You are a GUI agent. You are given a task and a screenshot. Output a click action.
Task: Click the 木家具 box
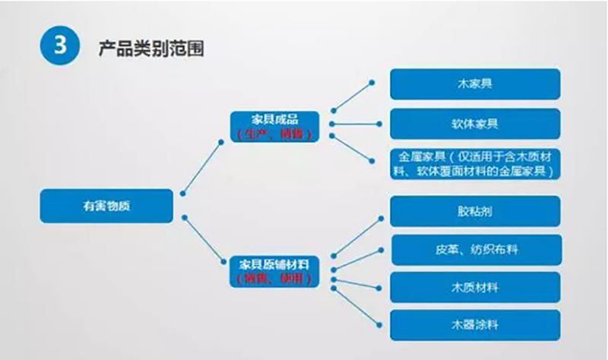point(475,84)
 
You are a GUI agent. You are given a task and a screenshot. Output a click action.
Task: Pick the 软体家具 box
point(475,123)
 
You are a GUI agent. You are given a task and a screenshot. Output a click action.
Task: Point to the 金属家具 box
point(475,163)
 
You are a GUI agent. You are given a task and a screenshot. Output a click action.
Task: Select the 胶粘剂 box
point(475,211)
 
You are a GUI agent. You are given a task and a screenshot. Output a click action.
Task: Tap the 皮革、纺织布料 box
point(475,249)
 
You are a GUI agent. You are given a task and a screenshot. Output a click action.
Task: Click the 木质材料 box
point(475,286)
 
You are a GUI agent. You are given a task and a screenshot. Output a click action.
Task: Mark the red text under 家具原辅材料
point(277,279)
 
